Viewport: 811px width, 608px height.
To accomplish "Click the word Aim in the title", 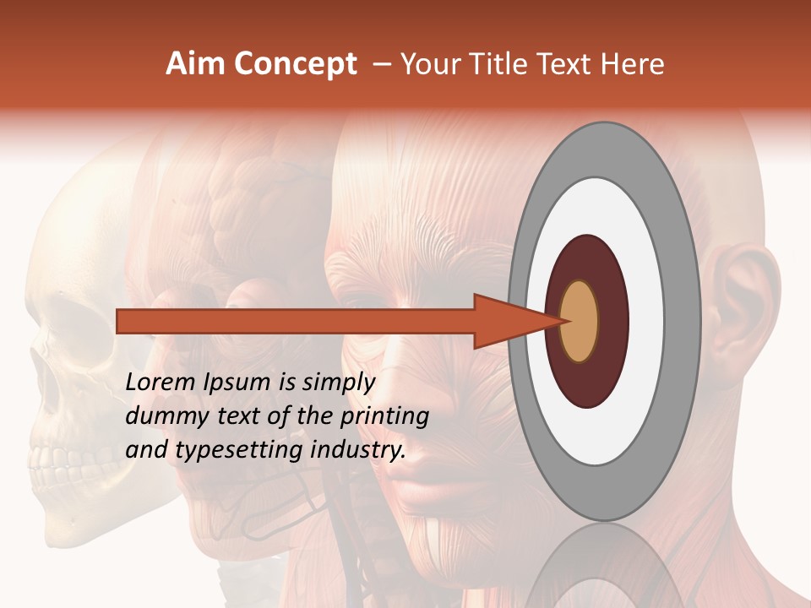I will tap(193, 64).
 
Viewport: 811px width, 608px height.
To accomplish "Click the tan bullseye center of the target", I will tap(580, 321).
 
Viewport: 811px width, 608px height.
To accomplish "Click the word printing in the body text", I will tap(385, 416).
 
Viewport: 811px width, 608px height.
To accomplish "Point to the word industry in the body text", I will tap(358, 450).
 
